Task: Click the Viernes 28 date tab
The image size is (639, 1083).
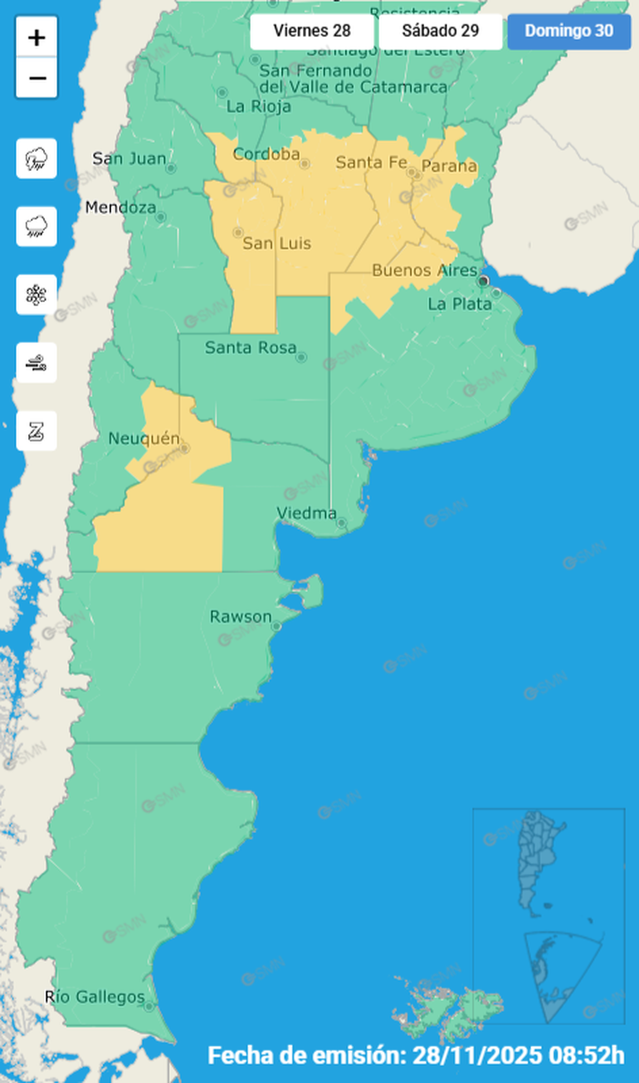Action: (311, 32)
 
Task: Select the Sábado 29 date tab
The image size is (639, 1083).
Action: (440, 32)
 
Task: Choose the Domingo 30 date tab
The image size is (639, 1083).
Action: (568, 32)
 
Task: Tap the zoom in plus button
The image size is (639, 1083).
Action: (37, 37)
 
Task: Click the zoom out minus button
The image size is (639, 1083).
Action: (37, 79)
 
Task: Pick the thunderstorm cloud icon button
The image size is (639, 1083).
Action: (37, 159)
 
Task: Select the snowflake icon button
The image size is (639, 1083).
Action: (37, 295)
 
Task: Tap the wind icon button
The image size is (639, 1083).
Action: (37, 363)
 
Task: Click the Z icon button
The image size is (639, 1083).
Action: (37, 431)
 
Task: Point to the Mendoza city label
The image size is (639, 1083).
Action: (120, 207)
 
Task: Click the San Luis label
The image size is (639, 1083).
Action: (276, 243)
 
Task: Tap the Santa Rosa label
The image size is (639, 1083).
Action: (250, 347)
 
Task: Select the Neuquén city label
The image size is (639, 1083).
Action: (144, 438)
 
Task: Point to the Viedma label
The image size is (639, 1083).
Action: (306, 513)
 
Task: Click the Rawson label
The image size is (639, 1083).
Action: (240, 617)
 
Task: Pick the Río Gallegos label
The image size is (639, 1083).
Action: (94, 997)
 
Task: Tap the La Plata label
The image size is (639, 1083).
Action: (459, 305)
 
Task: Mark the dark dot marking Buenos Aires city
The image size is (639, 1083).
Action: (483, 281)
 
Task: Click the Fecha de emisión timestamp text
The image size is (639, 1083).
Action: (415, 1056)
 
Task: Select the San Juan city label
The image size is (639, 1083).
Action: (129, 158)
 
